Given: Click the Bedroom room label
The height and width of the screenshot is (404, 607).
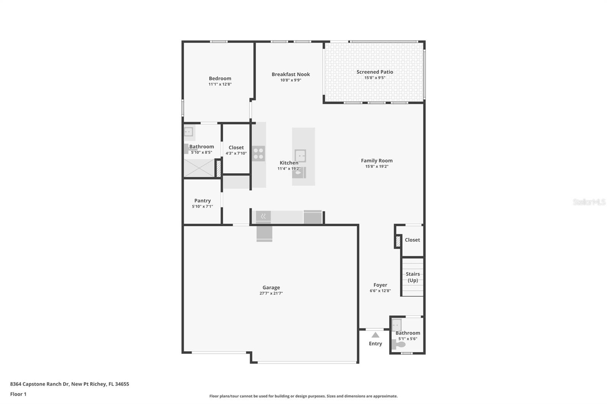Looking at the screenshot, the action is tap(220, 78).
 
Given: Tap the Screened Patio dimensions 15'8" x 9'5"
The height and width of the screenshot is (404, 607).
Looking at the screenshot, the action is tap(375, 78).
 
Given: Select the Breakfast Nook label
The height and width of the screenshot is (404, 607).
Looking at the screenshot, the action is tap(291, 74).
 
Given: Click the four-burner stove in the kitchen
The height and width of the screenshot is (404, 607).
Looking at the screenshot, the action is tap(258, 153).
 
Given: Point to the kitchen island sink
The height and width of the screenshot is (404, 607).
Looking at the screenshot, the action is tap(300, 156).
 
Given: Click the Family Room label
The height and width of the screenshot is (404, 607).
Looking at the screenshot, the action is tap(377, 161).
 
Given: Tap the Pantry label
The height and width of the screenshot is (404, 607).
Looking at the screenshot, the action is tap(203, 200).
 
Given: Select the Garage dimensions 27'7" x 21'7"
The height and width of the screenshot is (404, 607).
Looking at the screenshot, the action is tap(271, 293).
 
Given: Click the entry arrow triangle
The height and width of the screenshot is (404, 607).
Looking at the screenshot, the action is tap(375, 335).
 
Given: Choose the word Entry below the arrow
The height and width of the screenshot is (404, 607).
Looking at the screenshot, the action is tap(375, 344).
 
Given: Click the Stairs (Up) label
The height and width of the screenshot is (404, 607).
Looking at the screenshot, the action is tap(413, 277).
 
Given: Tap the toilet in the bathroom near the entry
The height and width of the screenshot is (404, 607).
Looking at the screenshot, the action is tap(399, 344).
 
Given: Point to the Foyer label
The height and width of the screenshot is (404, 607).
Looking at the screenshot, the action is tap(380, 285).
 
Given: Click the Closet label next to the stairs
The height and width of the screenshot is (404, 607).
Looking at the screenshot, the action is tap(412, 240).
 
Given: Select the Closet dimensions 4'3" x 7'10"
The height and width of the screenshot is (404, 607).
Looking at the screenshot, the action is tap(236, 153).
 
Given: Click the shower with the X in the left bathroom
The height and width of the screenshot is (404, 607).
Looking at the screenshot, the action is tap(200, 168).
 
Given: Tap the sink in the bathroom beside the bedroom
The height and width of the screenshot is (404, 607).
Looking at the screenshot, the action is tap(189, 132).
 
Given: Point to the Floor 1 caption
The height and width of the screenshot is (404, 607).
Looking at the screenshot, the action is tap(18, 394).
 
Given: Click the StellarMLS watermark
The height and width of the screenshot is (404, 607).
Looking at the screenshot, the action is tap(589, 202).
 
